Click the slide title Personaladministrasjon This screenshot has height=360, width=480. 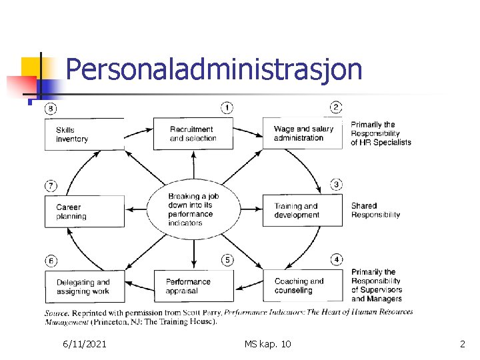(x=214, y=69)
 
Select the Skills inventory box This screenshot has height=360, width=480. (x=84, y=134)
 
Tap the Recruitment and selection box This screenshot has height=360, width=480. (x=193, y=134)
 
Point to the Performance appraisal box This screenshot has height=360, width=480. (x=193, y=286)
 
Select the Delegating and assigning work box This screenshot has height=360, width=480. (x=84, y=287)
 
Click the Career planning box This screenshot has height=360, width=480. (x=84, y=211)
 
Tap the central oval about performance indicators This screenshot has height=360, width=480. (x=193, y=209)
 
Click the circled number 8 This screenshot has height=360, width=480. (x=51, y=109)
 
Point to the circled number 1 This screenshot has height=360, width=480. (x=227, y=107)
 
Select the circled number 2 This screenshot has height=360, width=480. (x=337, y=107)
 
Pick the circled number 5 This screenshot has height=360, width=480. (x=227, y=259)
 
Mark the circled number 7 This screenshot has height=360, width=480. (x=51, y=185)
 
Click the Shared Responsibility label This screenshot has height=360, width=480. (x=375, y=211)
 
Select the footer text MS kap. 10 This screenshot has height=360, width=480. (x=267, y=344)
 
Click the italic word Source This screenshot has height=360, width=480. (x=57, y=313)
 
